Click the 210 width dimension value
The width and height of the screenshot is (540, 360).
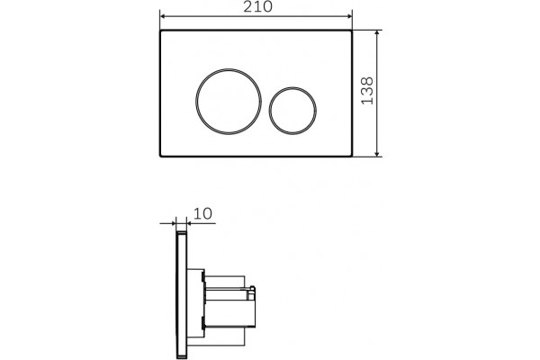click(x=257, y=6)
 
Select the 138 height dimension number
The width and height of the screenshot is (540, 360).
click(x=367, y=91)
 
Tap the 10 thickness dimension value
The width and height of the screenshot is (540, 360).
click(x=202, y=213)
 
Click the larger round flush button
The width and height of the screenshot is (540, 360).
click(x=229, y=102)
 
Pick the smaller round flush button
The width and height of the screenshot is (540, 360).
click(x=292, y=110)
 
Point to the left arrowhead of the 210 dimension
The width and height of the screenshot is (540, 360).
click(x=163, y=16)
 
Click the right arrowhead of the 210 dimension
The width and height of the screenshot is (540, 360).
click(x=349, y=16)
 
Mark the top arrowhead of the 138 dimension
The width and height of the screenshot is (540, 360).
click(x=377, y=33)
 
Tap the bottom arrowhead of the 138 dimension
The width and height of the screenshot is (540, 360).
click(x=377, y=153)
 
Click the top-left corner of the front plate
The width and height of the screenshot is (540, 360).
click(x=160, y=31)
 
